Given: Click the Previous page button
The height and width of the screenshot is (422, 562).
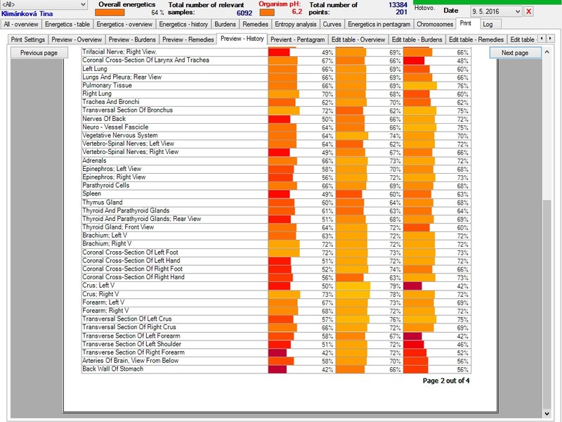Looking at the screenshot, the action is tap(39, 53).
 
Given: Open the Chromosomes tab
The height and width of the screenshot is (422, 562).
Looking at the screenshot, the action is tap(435, 25).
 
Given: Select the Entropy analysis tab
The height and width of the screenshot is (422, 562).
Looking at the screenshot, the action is tap(296, 25).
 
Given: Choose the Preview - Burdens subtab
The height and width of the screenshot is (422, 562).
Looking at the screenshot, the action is tap(132, 39).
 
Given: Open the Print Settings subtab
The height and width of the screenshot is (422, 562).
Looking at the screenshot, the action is tap(28, 39).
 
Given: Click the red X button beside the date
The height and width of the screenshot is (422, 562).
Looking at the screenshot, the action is tap(528, 11).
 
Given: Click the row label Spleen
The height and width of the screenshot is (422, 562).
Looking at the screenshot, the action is tap(92, 194).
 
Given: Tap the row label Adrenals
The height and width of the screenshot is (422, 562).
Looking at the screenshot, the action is tap(94, 160).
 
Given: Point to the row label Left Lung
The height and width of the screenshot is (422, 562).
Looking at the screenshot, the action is tap(95, 69).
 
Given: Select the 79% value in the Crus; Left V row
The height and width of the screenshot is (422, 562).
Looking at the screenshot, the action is tap(395, 286).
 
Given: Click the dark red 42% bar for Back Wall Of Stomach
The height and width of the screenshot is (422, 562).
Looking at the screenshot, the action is tap(277, 369).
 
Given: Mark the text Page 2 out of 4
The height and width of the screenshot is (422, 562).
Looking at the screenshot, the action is tap(446, 381).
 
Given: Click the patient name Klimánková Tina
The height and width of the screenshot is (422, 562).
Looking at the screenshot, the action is tap(27, 13).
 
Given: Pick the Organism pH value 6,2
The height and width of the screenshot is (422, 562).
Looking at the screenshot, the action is tap(296, 12).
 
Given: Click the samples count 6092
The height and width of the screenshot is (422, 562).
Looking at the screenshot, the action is tap(244, 13).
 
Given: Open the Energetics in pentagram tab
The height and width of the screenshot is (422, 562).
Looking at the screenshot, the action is tap(379, 25).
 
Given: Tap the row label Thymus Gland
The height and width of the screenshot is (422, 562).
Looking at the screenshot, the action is tap(103, 203).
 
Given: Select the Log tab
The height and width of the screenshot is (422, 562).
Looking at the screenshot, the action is tap(488, 25).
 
